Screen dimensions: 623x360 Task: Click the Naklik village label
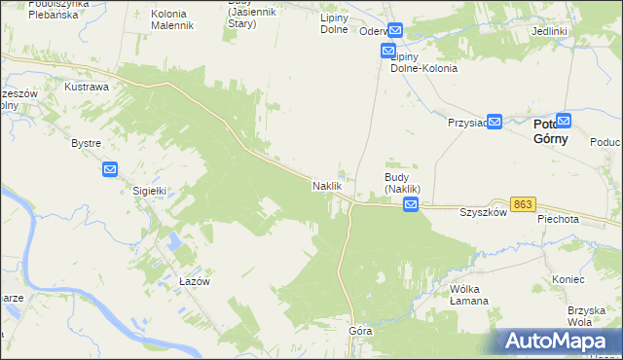[x=325, y=185]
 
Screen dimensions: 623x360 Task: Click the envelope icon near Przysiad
[x=494, y=122]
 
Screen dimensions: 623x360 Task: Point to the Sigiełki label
[x=151, y=192]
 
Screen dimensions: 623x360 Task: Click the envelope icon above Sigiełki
[x=110, y=169]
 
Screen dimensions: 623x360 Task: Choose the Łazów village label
[x=195, y=280]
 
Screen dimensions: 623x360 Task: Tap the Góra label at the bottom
[x=360, y=331]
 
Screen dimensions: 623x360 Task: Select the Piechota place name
[x=558, y=220]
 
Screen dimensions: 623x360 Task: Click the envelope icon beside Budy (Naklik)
[x=411, y=204]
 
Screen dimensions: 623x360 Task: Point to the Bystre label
[x=87, y=143]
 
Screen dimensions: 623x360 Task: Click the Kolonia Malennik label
[x=175, y=19]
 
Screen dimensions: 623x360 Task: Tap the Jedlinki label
[x=550, y=31]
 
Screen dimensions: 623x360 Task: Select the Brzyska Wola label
[x=586, y=316]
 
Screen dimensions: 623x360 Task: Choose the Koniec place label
[x=567, y=278]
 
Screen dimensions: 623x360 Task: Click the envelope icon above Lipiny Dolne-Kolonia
[x=394, y=31]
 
